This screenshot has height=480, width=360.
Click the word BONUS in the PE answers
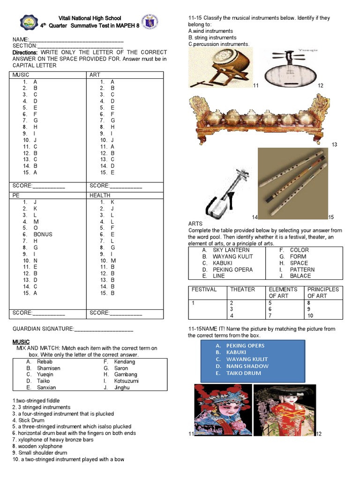tap(43, 234)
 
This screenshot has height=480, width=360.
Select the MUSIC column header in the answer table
tap(21, 75)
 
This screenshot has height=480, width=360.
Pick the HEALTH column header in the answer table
tap(100, 195)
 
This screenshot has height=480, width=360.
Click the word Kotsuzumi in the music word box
tap(126, 381)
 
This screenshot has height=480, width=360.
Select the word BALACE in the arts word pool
tap(300, 276)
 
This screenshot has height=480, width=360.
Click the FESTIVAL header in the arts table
tap(204, 290)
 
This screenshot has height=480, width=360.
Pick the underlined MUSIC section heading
tap(21, 342)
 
